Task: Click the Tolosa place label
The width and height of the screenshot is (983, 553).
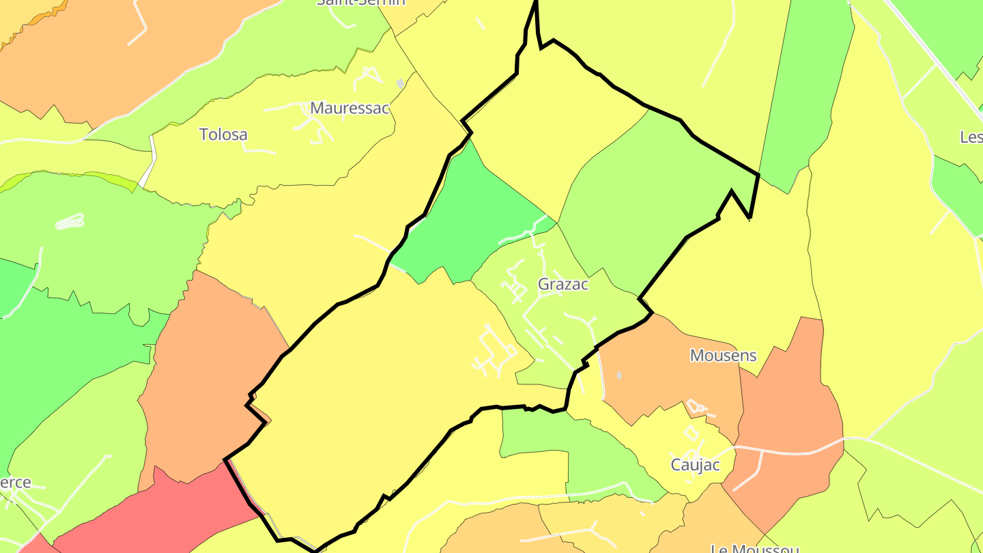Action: (223, 134)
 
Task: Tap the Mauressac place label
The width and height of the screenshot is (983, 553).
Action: (350, 108)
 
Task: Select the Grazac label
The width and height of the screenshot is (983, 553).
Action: (563, 284)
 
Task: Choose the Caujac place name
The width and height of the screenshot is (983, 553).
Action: (695, 465)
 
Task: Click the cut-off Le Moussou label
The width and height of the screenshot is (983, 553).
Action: (754, 548)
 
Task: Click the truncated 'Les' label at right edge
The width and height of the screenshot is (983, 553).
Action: (971, 137)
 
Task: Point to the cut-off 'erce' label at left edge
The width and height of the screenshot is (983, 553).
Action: (16, 482)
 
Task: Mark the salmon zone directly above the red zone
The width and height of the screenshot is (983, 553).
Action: (205, 375)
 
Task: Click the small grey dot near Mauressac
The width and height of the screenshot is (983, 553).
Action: (400, 83)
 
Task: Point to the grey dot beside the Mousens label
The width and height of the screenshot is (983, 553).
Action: (619, 375)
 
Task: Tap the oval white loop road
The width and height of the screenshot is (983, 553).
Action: (70, 221)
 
